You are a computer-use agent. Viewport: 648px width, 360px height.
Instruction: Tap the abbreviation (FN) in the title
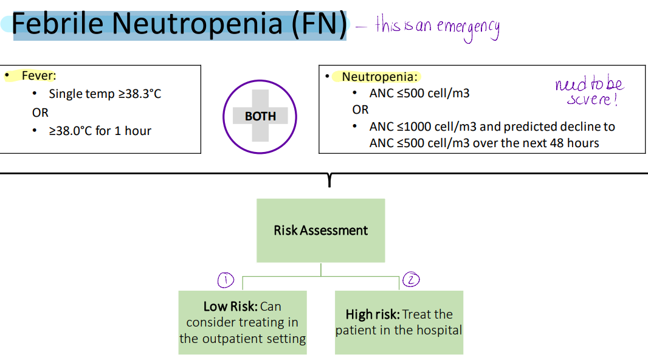pyautogui.click(x=318, y=24)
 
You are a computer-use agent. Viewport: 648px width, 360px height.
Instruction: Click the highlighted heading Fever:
pyautogui.click(x=38, y=76)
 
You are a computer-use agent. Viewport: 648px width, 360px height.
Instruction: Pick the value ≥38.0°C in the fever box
pyautogui.click(x=71, y=131)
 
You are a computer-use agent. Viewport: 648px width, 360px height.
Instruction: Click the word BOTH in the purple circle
pyautogui.click(x=260, y=116)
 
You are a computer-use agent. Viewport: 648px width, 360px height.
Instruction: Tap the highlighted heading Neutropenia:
pyautogui.click(x=380, y=77)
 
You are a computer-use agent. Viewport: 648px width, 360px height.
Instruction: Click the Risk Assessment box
pyautogui.click(x=320, y=230)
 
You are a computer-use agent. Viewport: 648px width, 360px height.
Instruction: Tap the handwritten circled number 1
pyautogui.click(x=226, y=279)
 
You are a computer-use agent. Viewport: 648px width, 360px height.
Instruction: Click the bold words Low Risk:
pyautogui.click(x=230, y=306)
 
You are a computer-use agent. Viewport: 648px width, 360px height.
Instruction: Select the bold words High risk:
pyautogui.click(x=372, y=314)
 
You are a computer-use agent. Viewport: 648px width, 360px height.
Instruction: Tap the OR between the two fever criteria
pyautogui.click(x=40, y=112)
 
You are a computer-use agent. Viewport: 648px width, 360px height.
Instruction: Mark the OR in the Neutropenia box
pyautogui.click(x=360, y=110)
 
